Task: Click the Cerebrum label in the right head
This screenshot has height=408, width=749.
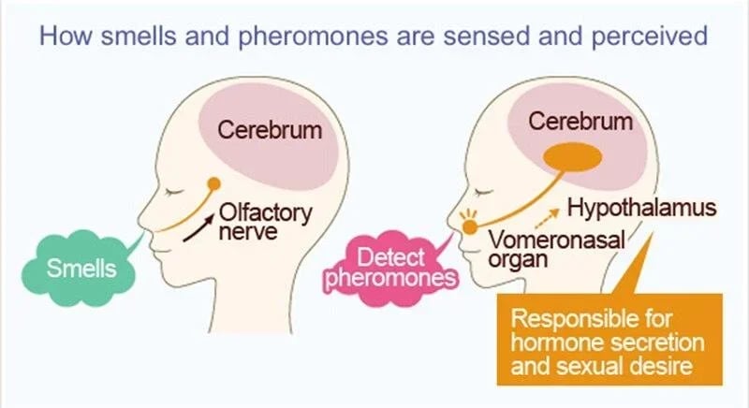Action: point(580,122)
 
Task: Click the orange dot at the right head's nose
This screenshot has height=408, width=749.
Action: point(468,225)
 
